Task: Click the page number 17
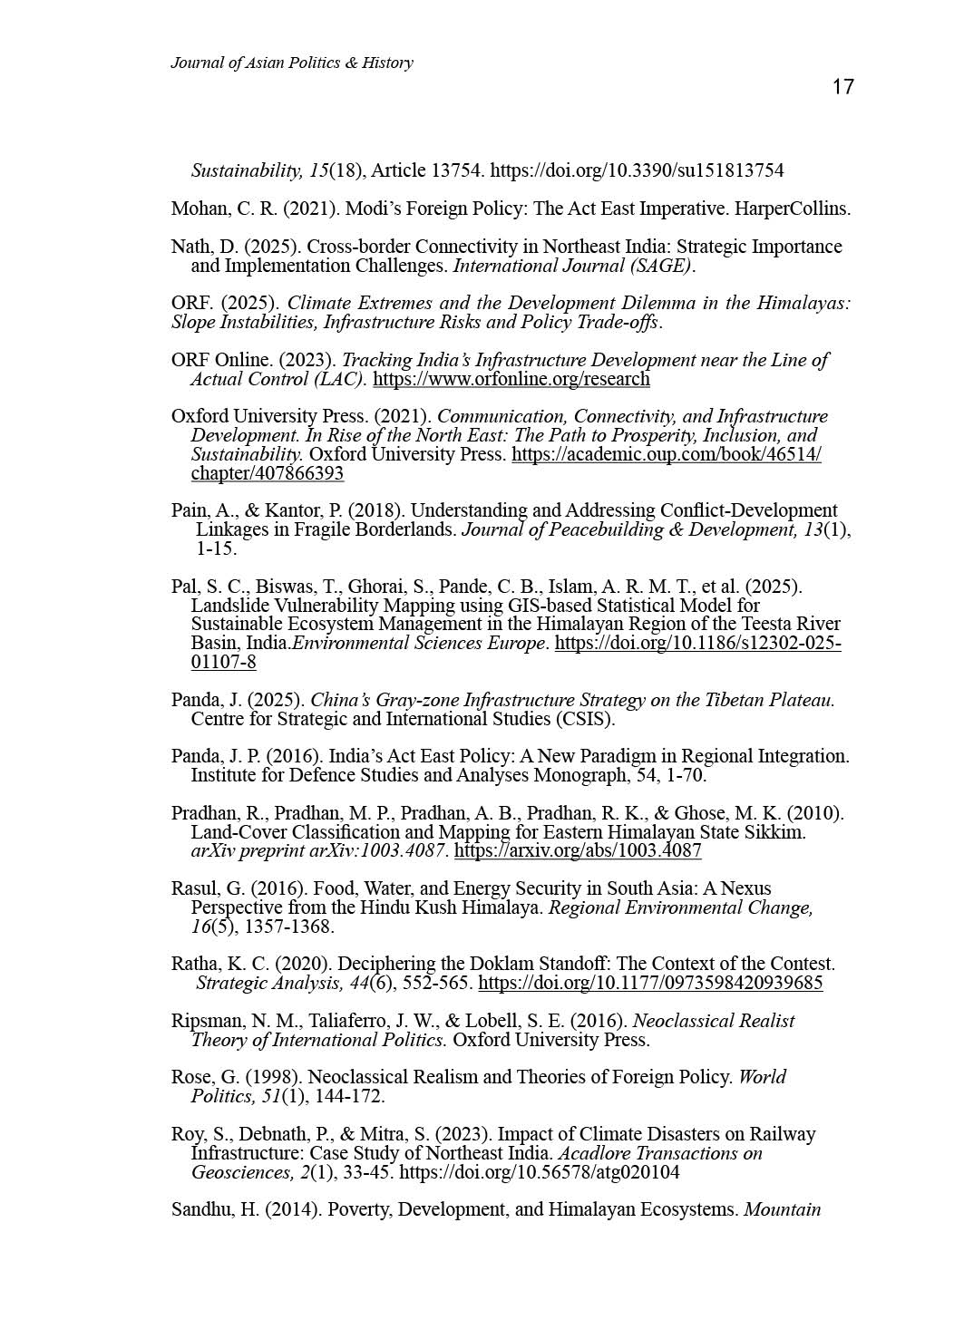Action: tap(842, 87)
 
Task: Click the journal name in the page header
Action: tap(291, 63)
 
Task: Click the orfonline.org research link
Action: tap(511, 379)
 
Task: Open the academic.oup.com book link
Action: tap(666, 454)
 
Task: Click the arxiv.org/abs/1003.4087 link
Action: tap(577, 851)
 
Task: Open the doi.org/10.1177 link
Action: tap(650, 984)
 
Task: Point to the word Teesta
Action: tap(737, 625)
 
